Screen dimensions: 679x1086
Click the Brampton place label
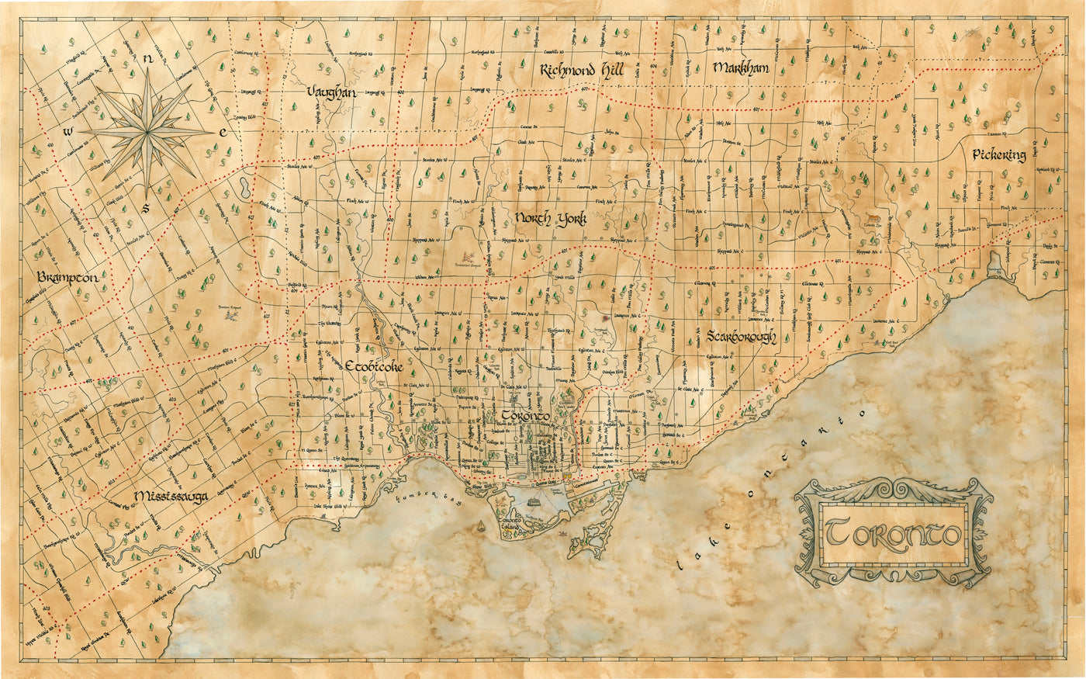point(70,278)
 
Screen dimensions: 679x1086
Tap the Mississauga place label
point(170,496)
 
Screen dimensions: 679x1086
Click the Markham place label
point(740,68)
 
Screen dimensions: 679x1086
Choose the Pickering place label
point(999,154)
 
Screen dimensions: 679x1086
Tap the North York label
point(550,220)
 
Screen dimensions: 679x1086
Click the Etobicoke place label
point(374,366)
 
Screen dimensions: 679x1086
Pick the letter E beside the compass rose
point(223,133)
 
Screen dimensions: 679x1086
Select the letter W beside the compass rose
point(69,131)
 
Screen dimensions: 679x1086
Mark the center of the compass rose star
point(147,132)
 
